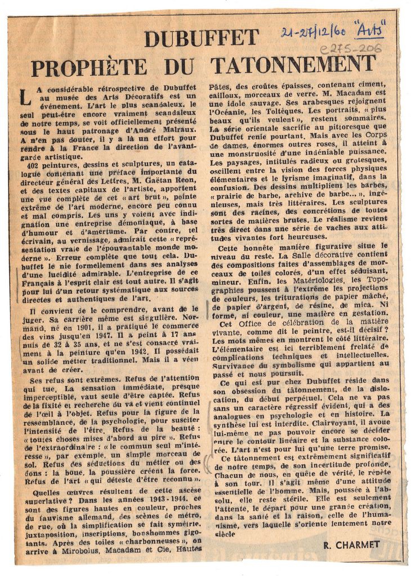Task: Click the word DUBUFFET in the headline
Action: [x=201, y=38]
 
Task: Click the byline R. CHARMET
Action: [x=352, y=544]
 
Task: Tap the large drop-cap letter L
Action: [x=24, y=96]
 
